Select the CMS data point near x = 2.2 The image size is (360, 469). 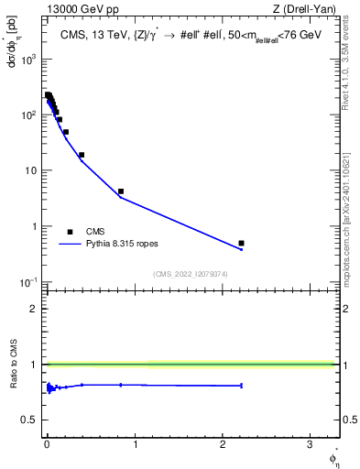click(x=241, y=243)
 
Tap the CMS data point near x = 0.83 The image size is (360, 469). click(x=121, y=191)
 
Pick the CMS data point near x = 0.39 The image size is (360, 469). click(x=82, y=155)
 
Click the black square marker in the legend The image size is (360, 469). click(x=70, y=232)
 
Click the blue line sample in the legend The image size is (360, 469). click(x=70, y=245)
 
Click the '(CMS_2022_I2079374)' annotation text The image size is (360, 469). click(x=191, y=274)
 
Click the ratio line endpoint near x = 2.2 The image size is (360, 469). click(x=241, y=386)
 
